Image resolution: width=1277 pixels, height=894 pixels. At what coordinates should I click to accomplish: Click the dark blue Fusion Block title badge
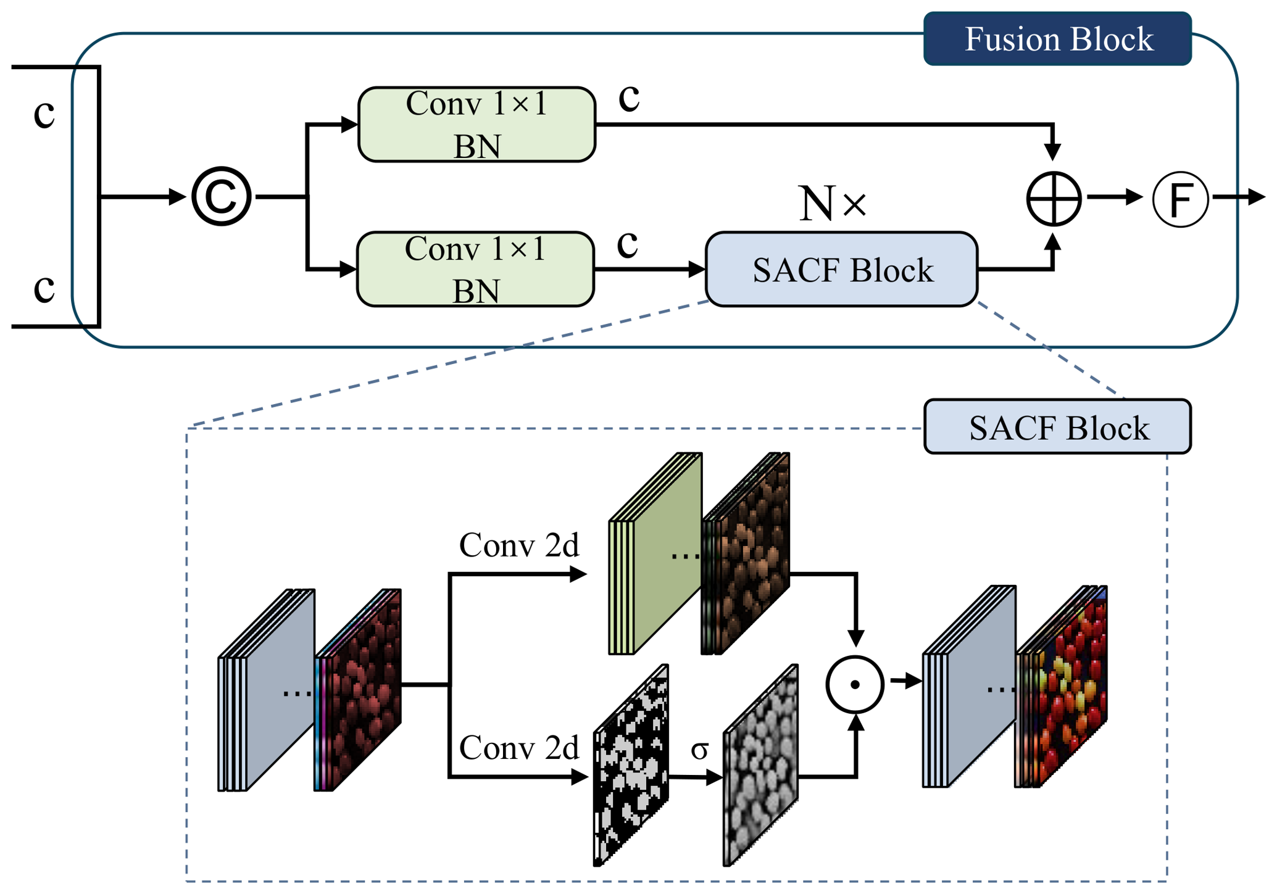(1057, 38)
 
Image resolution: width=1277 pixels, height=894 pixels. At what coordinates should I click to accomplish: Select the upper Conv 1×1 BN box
(476, 125)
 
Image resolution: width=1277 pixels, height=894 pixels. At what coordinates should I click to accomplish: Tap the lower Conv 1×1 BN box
(475, 269)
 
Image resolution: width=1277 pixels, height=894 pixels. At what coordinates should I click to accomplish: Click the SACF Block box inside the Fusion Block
(841, 269)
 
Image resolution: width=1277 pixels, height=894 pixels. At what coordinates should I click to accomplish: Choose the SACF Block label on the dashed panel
(1057, 427)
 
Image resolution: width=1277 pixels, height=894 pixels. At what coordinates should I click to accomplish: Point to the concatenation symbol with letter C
(221, 196)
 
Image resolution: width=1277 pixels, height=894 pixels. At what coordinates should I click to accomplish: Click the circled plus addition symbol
(1053, 199)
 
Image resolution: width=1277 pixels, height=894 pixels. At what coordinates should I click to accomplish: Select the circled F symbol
(1180, 199)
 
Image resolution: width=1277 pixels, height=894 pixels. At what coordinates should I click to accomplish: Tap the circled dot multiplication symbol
(855, 684)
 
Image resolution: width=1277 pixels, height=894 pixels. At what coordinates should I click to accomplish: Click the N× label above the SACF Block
(833, 203)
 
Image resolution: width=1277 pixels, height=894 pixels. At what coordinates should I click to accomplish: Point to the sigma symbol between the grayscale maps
(699, 750)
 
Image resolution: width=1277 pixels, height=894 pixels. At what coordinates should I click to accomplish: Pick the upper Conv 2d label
(519, 545)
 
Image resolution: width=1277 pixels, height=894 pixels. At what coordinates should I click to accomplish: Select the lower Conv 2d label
(519, 748)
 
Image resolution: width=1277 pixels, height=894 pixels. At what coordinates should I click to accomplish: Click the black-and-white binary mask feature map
(631, 765)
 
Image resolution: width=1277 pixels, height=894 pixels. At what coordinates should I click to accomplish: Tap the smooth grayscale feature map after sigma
(760, 765)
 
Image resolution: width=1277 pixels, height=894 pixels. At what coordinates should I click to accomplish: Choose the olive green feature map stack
(655, 553)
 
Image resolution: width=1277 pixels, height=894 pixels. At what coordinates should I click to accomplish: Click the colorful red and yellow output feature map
(1062, 686)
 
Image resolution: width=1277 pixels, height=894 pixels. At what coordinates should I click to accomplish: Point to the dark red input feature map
(358, 690)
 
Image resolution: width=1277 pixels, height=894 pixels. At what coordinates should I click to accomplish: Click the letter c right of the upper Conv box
(629, 98)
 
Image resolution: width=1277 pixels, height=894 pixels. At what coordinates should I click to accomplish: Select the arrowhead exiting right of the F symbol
(1257, 197)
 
